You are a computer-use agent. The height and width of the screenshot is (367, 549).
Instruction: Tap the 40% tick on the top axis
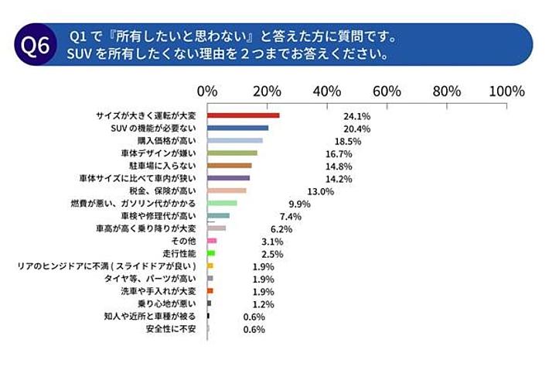(327, 91)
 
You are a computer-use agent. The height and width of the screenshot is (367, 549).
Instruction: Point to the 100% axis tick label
(506, 91)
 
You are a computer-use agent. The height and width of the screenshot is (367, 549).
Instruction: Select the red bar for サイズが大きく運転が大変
(244, 115)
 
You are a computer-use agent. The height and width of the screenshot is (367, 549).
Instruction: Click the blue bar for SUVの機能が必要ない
(238, 128)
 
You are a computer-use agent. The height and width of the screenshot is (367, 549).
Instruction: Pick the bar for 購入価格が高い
(235, 141)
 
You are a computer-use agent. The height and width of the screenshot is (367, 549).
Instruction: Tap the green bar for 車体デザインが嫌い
(233, 153)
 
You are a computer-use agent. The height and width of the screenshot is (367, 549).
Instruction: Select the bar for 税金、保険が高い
(227, 190)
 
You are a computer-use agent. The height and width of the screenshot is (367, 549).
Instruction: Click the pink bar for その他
(212, 241)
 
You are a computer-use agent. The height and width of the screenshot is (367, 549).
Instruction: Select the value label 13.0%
(320, 191)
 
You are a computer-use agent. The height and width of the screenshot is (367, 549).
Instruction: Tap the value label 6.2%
(281, 229)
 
